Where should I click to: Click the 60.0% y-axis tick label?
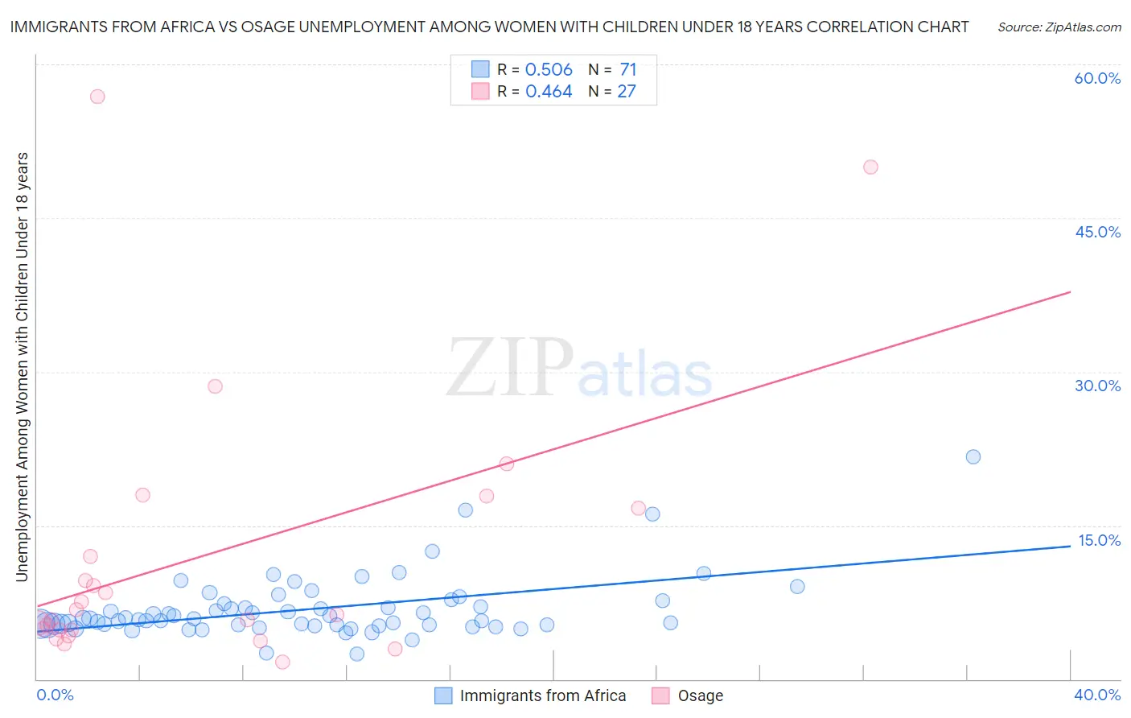point(1097,78)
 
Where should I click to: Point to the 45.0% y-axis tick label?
point(1097,232)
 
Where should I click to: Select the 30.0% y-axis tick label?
point(1097,386)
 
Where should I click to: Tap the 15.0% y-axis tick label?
point(1099,540)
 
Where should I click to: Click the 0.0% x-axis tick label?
point(55,695)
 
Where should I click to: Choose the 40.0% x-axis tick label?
point(1097,695)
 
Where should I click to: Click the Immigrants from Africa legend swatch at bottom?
point(443,695)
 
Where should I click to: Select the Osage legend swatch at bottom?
point(661,695)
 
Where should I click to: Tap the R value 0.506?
point(549,70)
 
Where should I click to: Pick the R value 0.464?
point(549,92)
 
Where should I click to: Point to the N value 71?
point(627,70)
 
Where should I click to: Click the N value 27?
point(627,92)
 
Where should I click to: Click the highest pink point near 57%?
point(97,97)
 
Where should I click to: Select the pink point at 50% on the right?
point(870,167)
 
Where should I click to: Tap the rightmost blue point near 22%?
point(973,456)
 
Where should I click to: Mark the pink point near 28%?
point(215,386)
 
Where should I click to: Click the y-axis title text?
point(22,366)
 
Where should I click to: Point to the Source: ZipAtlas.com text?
point(1059,27)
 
